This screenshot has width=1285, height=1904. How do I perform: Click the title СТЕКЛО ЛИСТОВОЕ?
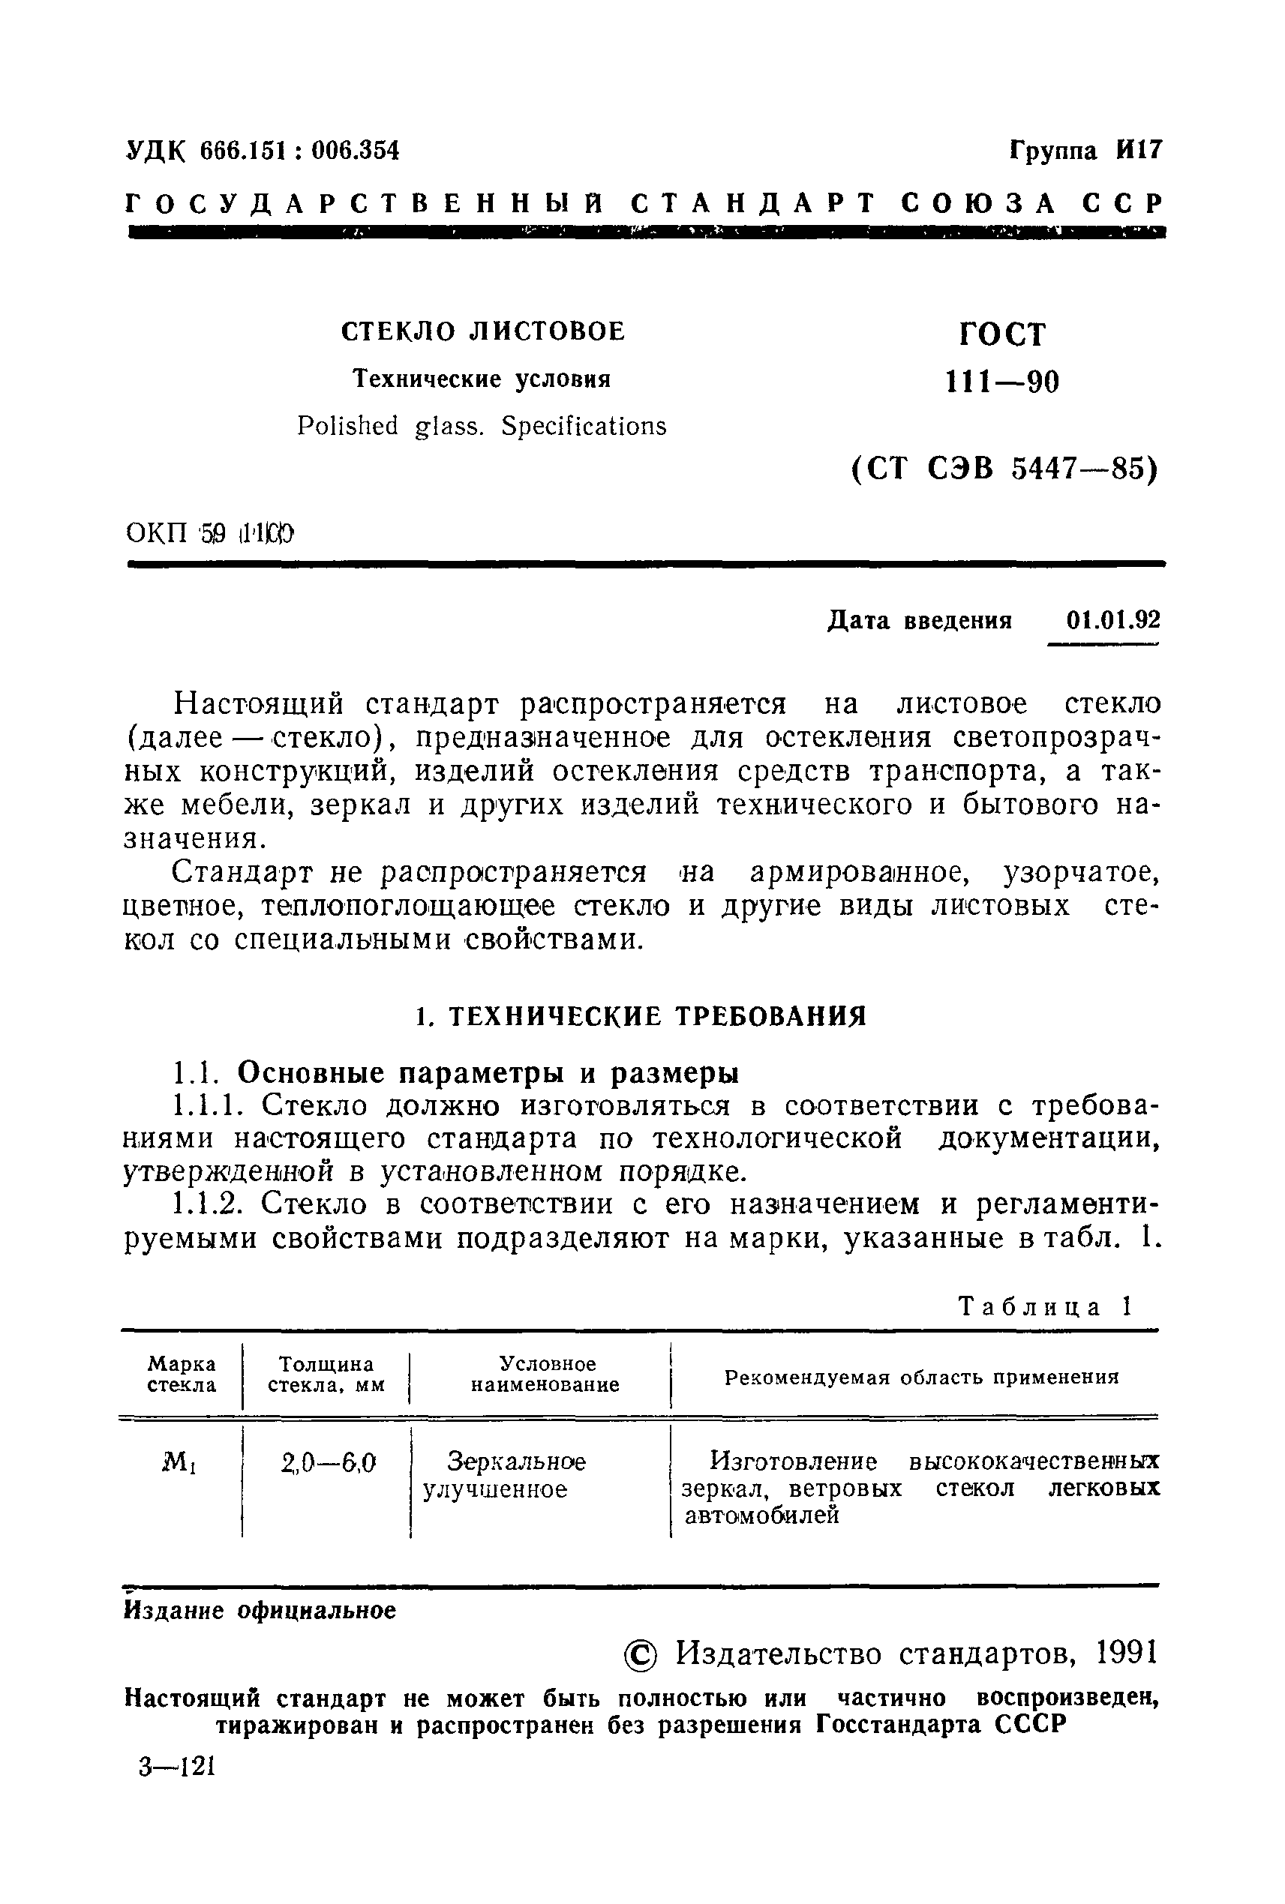[482, 331]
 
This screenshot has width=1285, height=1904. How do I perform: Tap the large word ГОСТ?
[1002, 335]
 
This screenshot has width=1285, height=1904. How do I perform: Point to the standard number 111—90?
[1002, 382]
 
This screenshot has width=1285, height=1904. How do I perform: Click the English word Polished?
[347, 426]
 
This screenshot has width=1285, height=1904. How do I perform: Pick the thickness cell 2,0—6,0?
[328, 1462]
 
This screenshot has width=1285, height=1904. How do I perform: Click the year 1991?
[1126, 1654]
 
